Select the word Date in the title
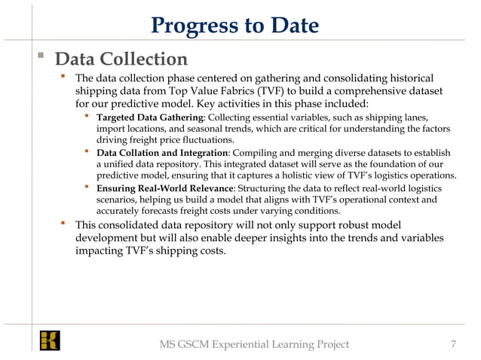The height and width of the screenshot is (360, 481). [292, 26]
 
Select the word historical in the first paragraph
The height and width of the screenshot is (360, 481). [407, 78]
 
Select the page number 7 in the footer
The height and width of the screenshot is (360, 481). [452, 344]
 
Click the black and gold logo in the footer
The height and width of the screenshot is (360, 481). [51, 340]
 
